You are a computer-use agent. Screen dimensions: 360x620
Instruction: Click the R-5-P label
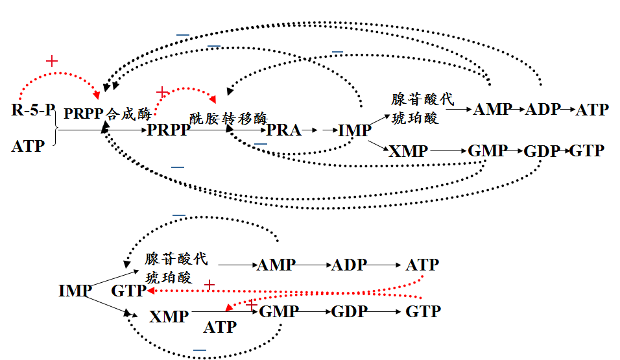(33, 110)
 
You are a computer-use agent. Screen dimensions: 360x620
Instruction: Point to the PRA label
(284, 130)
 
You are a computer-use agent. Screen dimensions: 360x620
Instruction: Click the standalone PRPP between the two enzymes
(169, 130)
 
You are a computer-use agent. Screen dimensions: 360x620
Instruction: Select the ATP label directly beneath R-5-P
(28, 147)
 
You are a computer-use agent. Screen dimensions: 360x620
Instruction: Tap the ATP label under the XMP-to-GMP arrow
(221, 328)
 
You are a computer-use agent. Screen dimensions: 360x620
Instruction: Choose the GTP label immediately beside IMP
(129, 291)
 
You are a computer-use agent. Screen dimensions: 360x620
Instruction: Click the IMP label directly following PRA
(355, 130)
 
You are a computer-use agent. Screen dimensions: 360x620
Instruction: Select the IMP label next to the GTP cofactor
(75, 291)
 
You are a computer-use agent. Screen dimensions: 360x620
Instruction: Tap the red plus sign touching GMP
(252, 304)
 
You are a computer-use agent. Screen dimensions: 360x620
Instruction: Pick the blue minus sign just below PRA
(260, 143)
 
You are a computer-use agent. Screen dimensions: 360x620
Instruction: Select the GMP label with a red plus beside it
(279, 311)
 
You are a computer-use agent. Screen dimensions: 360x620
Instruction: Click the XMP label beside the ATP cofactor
(169, 317)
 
